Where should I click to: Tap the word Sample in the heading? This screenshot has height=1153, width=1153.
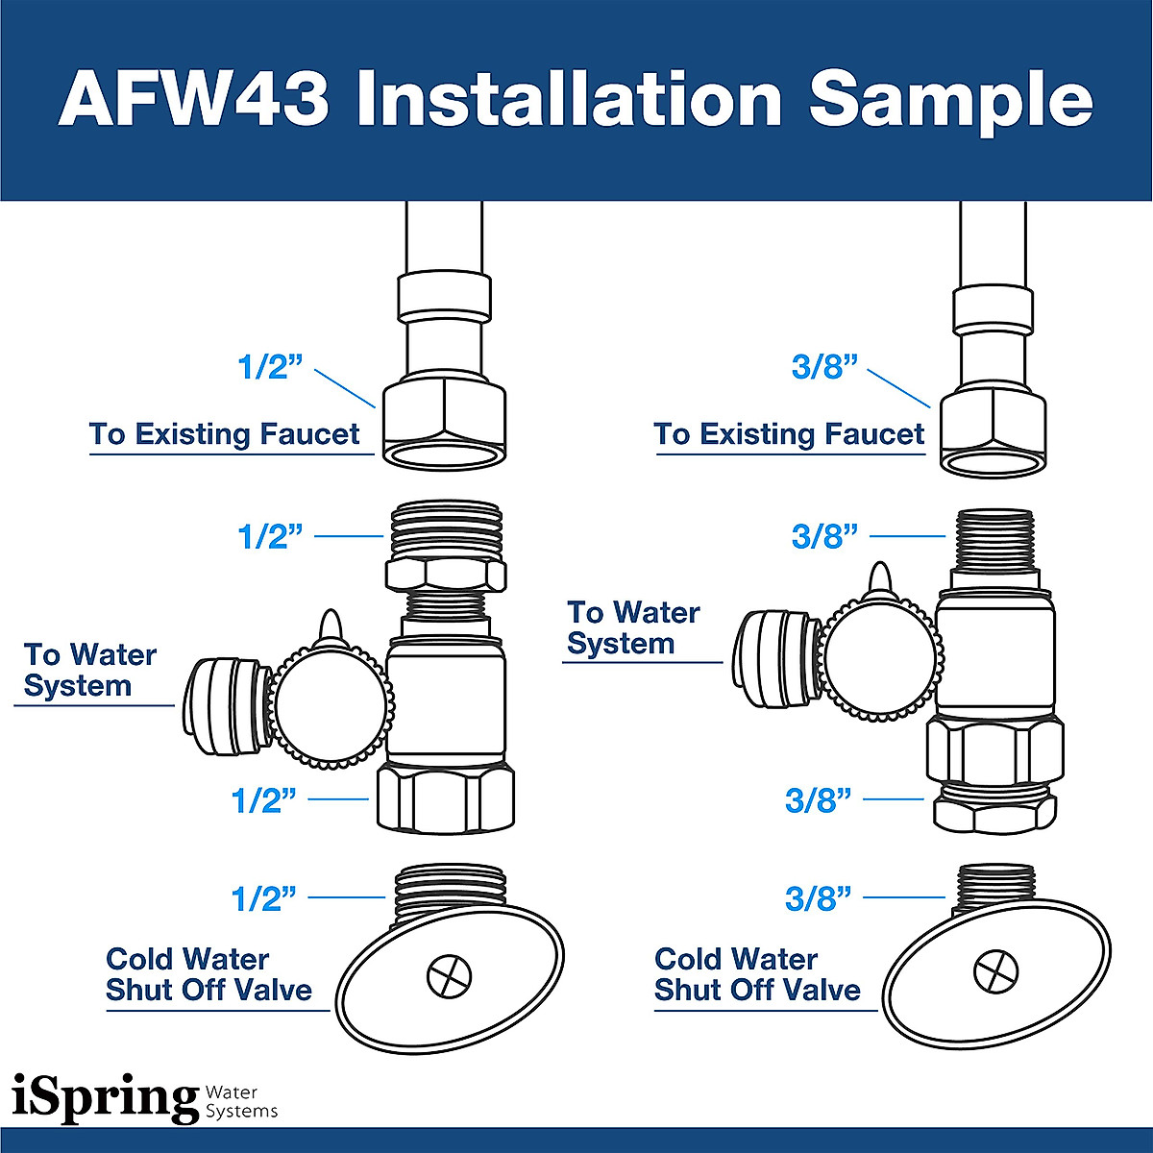tap(950, 101)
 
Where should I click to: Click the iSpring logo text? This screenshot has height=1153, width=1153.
tap(104, 1098)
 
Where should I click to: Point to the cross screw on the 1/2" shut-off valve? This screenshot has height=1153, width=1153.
tap(450, 977)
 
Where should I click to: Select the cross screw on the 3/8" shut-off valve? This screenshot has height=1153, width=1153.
tap(996, 972)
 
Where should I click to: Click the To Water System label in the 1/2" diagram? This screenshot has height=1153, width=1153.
tap(89, 671)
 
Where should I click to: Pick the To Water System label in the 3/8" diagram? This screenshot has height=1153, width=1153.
tap(633, 628)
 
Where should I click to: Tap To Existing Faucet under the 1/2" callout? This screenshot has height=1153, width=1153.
tap(224, 434)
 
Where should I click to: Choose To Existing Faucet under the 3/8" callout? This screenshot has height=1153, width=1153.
tap(789, 434)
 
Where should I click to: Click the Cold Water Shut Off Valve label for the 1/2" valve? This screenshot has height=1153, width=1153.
tap(209, 974)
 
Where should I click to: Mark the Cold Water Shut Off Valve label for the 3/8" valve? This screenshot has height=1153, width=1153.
tap(757, 974)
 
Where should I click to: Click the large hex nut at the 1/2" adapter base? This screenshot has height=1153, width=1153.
tap(445, 797)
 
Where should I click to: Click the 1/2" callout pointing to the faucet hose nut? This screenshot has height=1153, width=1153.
tap(269, 367)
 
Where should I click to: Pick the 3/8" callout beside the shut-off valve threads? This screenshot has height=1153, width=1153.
tap(818, 898)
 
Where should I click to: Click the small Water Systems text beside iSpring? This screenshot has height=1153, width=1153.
tap(241, 1102)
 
